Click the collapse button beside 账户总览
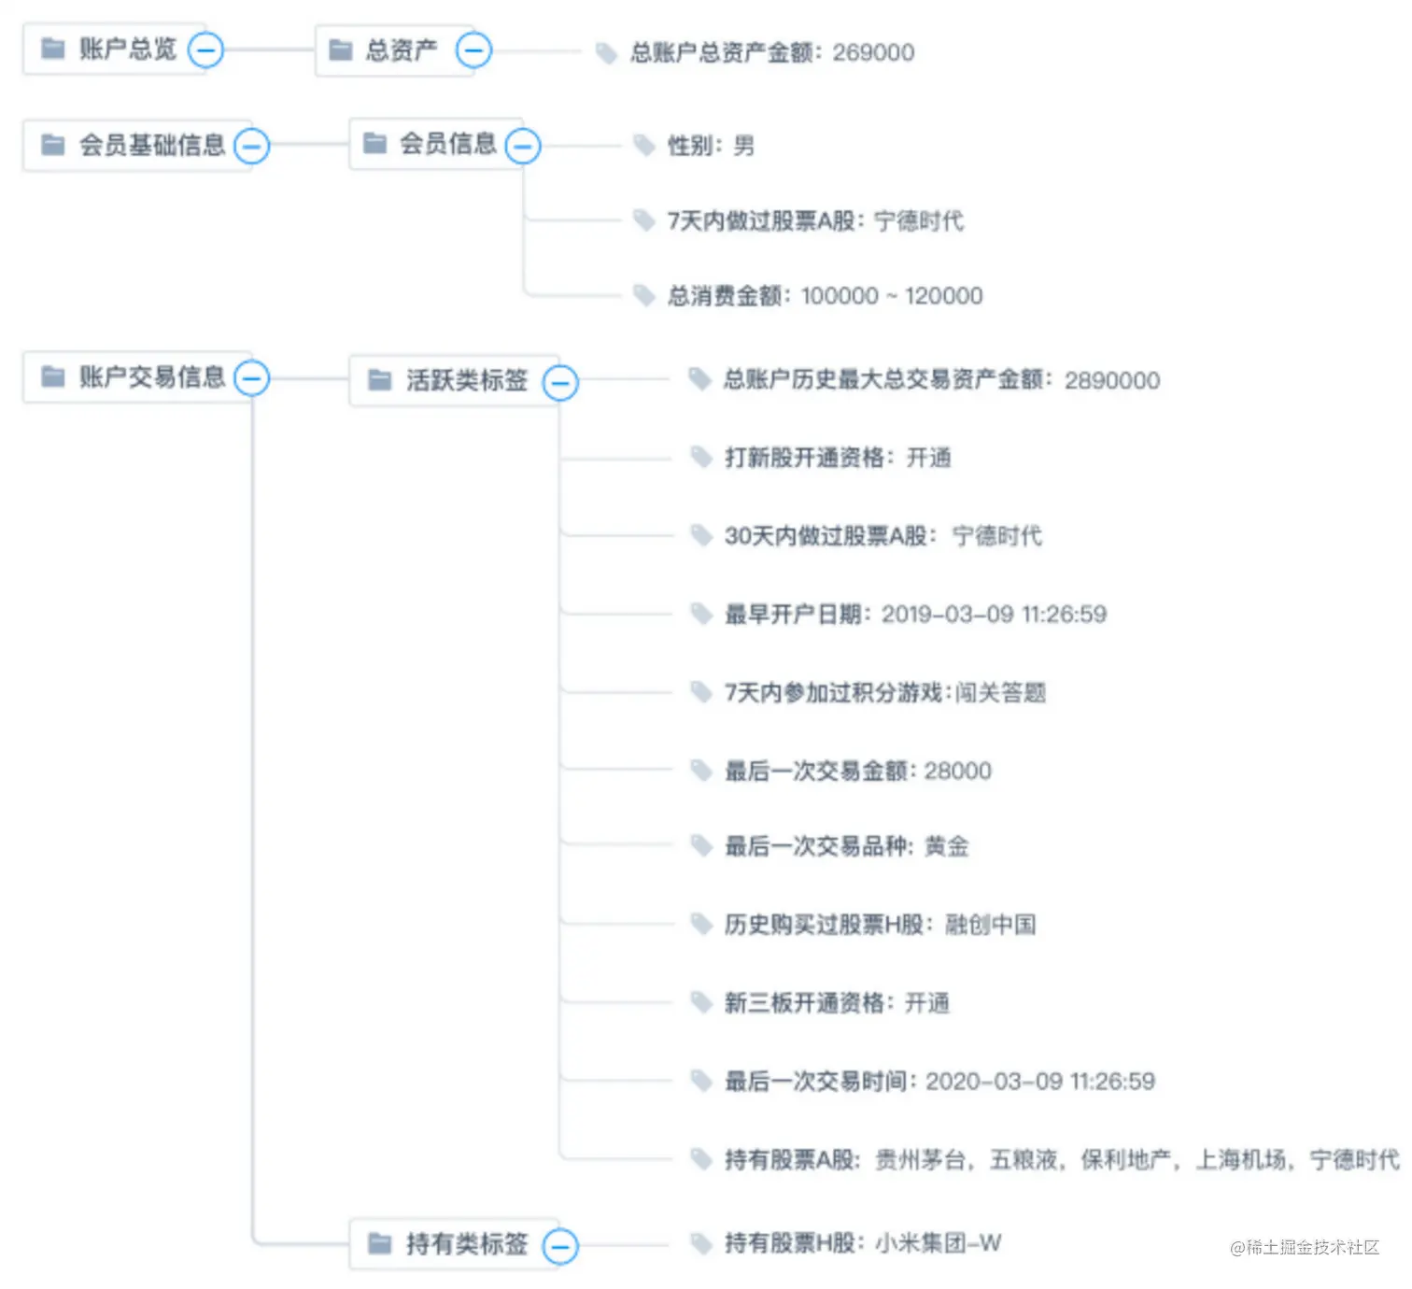tap(205, 50)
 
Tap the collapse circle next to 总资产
tap(473, 50)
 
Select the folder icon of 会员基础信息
tap(53, 145)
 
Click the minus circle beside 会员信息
tap(523, 145)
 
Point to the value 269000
tap(873, 52)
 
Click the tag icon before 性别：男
tap(643, 145)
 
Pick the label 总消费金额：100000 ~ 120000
tap(824, 296)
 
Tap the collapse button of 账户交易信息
tap(252, 378)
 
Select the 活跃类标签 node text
tap(466, 380)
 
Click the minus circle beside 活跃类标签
tap(560, 382)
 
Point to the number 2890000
tap(1111, 380)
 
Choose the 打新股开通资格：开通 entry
tap(837, 458)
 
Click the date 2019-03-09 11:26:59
tap(994, 615)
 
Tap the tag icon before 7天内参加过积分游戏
tap(700, 692)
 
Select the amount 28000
tap(957, 771)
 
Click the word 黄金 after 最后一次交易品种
tap(946, 846)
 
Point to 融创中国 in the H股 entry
tap(990, 925)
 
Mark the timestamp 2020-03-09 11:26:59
tap(1039, 1082)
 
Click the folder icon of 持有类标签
tap(379, 1243)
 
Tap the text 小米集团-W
tap(938, 1243)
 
